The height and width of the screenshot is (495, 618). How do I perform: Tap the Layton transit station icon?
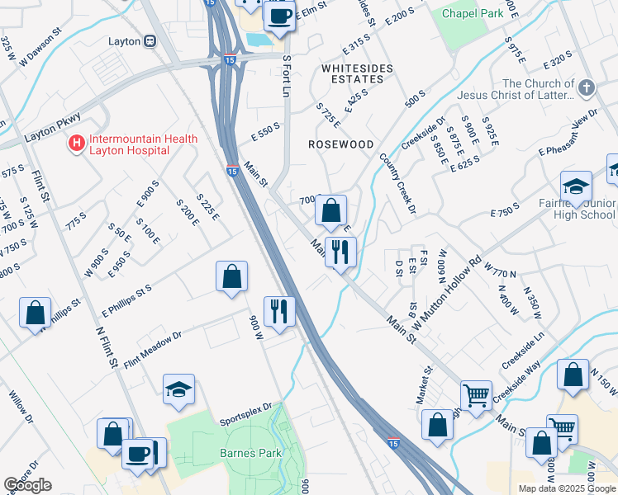coord(150,40)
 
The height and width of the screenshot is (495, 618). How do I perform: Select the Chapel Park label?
coord(472,13)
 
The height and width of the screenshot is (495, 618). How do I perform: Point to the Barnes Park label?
coord(250,453)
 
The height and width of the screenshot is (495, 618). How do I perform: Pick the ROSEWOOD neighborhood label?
coord(340,144)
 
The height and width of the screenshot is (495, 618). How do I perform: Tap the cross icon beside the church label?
coord(586,87)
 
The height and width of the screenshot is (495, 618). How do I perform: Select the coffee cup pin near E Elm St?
coord(279,16)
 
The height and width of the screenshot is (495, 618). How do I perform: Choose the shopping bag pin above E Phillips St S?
coord(232,276)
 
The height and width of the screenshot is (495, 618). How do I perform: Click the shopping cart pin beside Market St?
coord(476,396)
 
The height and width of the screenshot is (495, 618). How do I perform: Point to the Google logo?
coord(27,484)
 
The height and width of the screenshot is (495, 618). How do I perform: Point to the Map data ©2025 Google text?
coord(566,488)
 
